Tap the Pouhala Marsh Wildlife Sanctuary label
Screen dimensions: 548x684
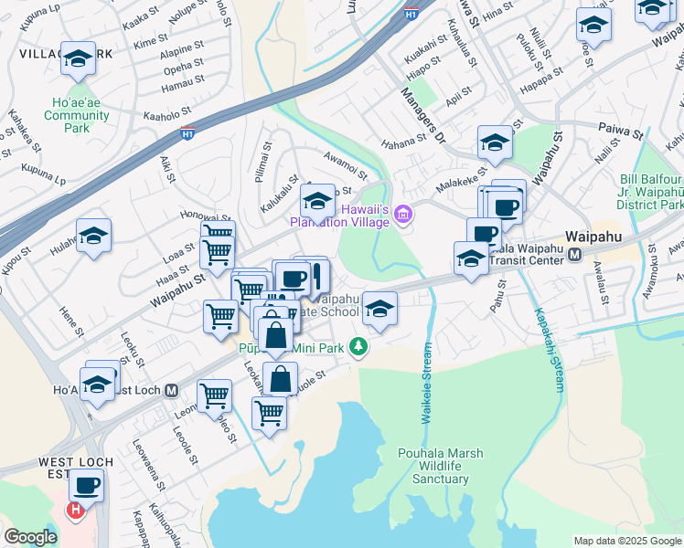440,466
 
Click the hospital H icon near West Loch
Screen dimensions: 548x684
76,508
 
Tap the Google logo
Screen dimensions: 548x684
30,537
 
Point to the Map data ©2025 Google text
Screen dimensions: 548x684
627,541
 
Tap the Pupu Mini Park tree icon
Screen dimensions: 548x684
360,347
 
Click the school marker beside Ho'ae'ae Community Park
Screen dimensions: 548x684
79,61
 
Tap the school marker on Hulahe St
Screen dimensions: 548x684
93,237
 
